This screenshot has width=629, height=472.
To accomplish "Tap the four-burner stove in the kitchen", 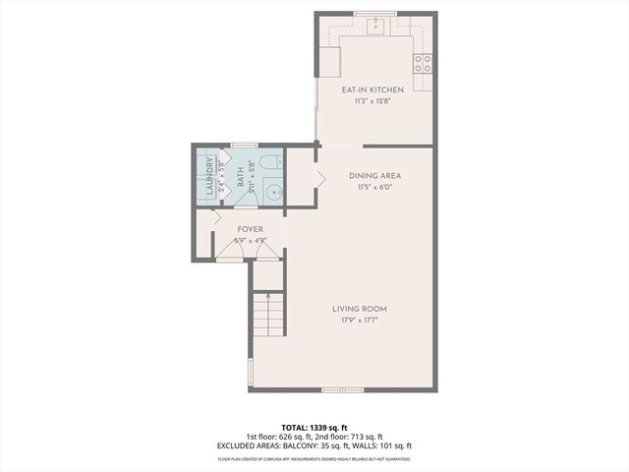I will click(x=423, y=64).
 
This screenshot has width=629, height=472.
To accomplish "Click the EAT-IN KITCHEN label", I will click(x=372, y=90).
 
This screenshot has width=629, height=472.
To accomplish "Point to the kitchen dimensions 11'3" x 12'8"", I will click(x=372, y=100).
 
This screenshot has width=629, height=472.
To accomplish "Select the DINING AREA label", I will click(x=374, y=176).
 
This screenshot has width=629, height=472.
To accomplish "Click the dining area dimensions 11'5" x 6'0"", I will click(x=374, y=186).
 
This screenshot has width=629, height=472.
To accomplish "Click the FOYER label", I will click(x=250, y=229).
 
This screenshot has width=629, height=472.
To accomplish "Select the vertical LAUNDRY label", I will click(x=208, y=176).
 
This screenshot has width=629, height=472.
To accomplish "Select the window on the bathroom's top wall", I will click(x=243, y=146).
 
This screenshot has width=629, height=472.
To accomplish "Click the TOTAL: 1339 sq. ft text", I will click(x=314, y=427).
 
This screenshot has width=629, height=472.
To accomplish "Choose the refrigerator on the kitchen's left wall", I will click(x=329, y=62).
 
